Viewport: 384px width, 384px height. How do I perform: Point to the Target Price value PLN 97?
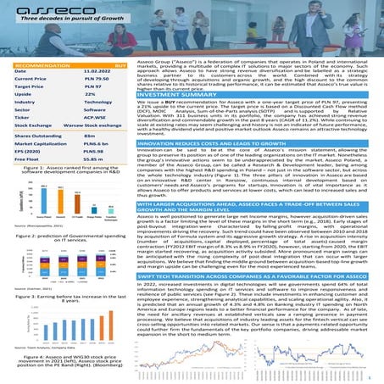pyautogui.click(x=92, y=86)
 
